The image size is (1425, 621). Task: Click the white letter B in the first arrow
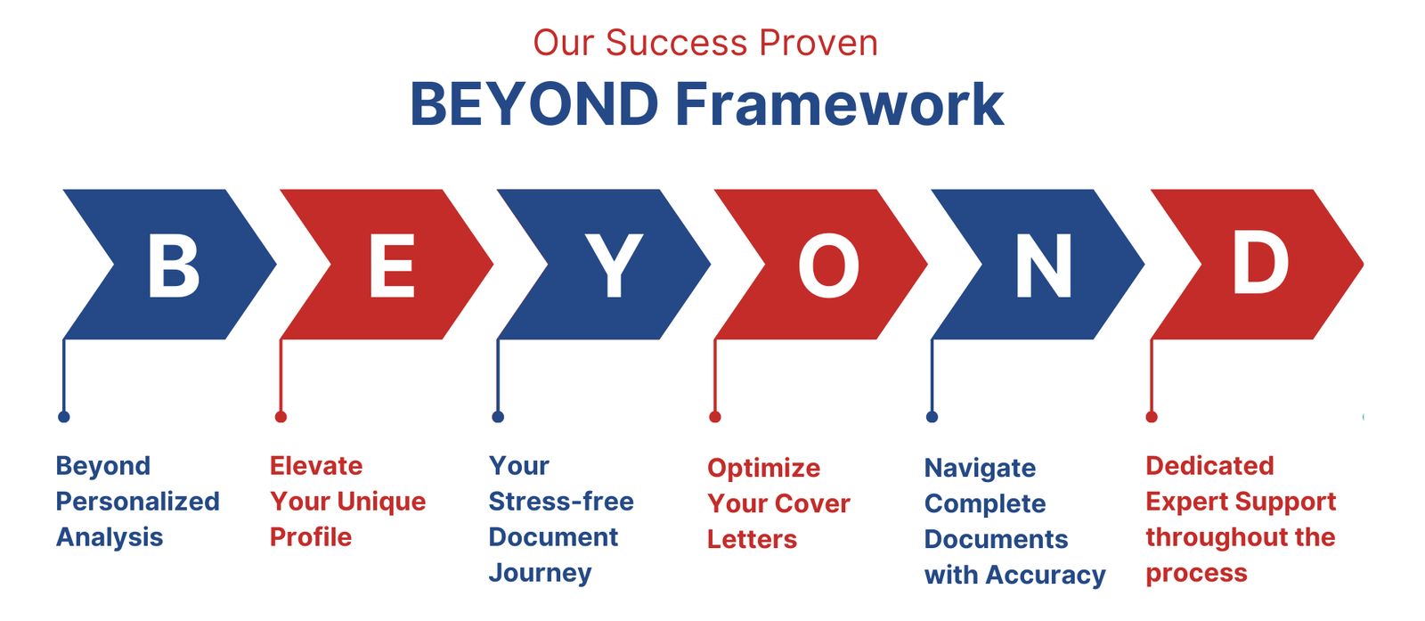[x=174, y=265]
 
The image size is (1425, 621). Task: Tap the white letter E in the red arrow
[x=392, y=265]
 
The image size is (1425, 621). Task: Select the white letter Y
[x=614, y=265]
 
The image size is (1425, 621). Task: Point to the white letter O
[x=828, y=265]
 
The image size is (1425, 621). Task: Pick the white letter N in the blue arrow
[x=1043, y=265]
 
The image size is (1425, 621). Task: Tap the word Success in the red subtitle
[x=676, y=44]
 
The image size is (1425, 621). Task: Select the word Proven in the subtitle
[x=818, y=44]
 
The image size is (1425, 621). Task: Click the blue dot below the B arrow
[x=63, y=417]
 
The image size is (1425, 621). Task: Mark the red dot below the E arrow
[x=281, y=417]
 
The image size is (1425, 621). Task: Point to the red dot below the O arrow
[x=715, y=417]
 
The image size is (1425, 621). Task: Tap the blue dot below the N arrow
[x=932, y=417]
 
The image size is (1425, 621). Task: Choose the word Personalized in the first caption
[x=137, y=502]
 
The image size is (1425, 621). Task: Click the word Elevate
[x=316, y=466]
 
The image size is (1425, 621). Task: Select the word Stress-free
[x=561, y=502]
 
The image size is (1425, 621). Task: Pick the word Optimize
[x=764, y=469]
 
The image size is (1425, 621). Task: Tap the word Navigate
[x=980, y=469]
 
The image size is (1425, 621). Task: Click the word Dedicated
[x=1210, y=466]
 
